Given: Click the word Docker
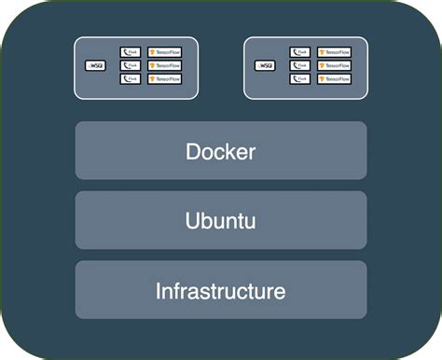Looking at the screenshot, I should (x=221, y=151).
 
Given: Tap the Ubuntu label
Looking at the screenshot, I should (x=221, y=221).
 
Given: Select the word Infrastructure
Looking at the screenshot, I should (x=221, y=291).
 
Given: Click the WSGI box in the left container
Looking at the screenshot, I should (x=95, y=66).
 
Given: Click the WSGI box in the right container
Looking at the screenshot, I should (x=265, y=66).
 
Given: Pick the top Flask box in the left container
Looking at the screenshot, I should (x=131, y=53).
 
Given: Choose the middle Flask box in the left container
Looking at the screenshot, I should (x=131, y=66).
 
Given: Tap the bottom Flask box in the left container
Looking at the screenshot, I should (x=131, y=79).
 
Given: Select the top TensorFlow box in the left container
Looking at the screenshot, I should (x=165, y=53).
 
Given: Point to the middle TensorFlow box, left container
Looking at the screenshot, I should (x=165, y=66).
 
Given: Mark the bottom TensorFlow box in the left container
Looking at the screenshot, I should (x=165, y=79).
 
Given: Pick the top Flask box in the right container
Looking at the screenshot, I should (x=300, y=53).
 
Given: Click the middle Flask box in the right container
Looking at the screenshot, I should (x=300, y=66).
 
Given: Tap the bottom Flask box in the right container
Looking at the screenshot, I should (x=300, y=79).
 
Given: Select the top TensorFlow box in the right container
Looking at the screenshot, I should (x=335, y=53).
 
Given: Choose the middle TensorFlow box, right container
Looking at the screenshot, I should (x=335, y=66).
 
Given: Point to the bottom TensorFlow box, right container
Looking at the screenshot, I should (x=335, y=79).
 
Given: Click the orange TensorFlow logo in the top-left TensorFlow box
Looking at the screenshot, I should (x=152, y=53).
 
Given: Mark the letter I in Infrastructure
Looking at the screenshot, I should (x=159, y=291).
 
